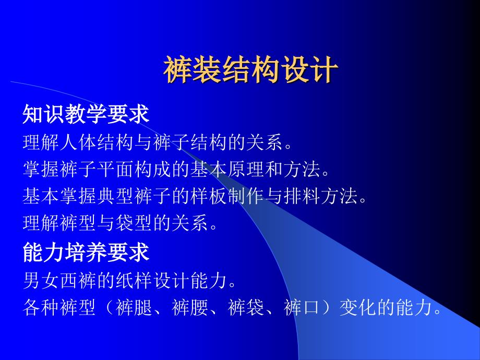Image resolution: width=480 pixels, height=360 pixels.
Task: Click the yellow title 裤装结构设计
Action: pos(251,69)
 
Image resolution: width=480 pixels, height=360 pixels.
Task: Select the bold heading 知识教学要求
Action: pos(86,114)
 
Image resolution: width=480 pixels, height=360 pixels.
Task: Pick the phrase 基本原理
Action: pos(227,169)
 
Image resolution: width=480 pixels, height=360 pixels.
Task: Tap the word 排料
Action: pos(302,196)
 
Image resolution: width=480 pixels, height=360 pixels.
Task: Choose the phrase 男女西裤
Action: pos(60,280)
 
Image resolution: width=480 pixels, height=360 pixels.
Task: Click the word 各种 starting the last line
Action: pos(41,307)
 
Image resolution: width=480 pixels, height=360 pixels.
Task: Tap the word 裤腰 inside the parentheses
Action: pos(190,307)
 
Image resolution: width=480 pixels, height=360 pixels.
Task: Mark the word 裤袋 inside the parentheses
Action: pos(246,307)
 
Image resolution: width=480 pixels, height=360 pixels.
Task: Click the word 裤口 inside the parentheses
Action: pos(303,307)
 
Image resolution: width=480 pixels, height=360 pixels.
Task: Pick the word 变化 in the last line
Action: pos(358,307)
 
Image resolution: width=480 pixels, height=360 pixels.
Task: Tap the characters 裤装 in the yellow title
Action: pos(192,69)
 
